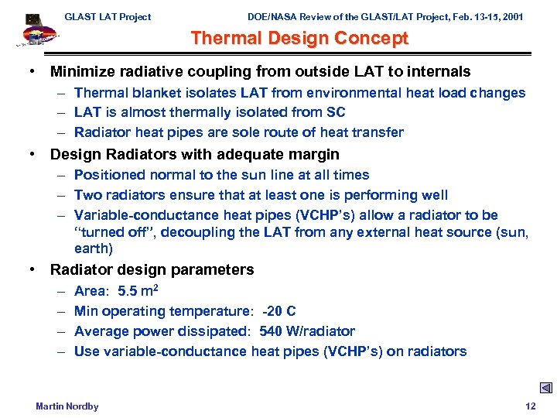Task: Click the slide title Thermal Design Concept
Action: pos(299,38)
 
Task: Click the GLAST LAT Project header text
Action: pos(108,16)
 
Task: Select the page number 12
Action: pos(530,406)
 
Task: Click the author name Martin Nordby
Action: pos(67,406)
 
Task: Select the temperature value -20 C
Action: pos(278,311)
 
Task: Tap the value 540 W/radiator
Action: pos(307,331)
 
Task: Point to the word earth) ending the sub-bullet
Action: pos(94,248)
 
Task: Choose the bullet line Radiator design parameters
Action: pos(152,269)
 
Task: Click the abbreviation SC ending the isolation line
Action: pos(336,112)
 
